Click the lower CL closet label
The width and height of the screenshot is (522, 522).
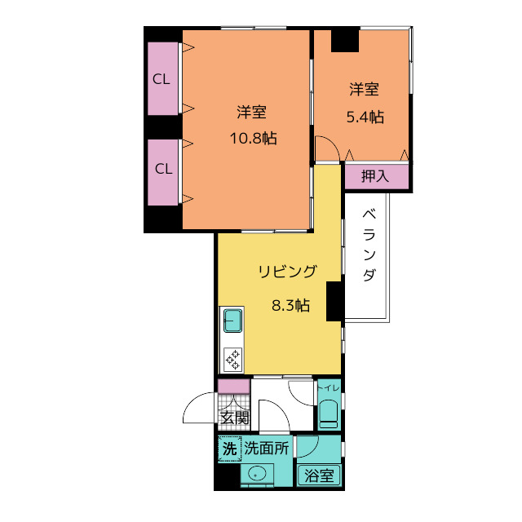(163, 169)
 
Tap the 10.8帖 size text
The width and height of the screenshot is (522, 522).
(252, 138)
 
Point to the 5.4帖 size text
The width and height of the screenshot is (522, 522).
(365, 116)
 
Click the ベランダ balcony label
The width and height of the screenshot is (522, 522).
(368, 246)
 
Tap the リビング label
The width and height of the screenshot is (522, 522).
(286, 272)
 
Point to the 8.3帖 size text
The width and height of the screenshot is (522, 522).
(290, 306)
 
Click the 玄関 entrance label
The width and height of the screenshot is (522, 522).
(234, 418)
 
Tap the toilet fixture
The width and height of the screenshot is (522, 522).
(328, 414)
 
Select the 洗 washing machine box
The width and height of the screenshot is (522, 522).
(229, 448)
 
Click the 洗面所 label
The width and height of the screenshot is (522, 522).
(267, 448)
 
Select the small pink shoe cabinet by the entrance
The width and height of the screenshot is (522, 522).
(233, 387)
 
